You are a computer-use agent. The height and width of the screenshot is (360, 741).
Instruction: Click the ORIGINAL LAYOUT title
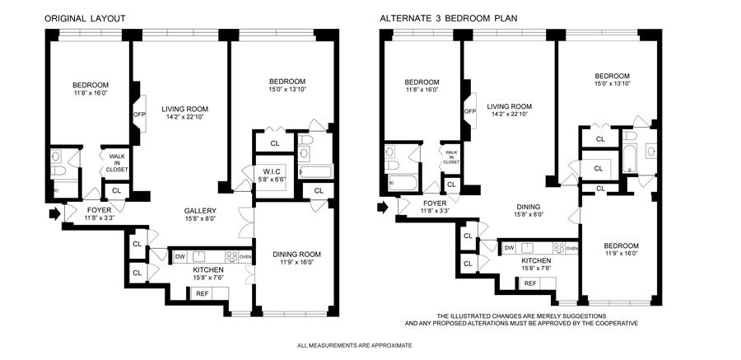(x=85, y=19)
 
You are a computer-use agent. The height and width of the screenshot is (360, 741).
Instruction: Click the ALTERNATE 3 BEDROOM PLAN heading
(x=449, y=19)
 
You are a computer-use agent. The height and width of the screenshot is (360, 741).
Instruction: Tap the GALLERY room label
(x=200, y=211)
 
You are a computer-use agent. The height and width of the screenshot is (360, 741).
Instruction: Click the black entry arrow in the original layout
(x=55, y=213)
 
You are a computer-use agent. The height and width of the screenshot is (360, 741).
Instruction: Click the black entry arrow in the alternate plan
(x=382, y=207)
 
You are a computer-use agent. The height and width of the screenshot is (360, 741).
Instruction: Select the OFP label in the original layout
(x=139, y=114)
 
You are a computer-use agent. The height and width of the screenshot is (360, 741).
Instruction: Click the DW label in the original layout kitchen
(x=180, y=257)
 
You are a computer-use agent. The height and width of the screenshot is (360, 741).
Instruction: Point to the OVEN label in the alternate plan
(x=572, y=248)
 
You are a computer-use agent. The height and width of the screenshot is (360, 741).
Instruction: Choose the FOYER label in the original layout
(x=100, y=210)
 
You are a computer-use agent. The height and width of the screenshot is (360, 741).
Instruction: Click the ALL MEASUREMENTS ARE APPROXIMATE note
(x=354, y=346)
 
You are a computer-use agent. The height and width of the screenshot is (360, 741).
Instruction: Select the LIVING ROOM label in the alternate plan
(x=510, y=106)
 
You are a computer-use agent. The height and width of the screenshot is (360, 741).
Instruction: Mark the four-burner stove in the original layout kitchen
(x=232, y=257)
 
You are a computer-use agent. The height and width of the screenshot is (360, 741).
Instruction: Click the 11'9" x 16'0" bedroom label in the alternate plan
(x=622, y=253)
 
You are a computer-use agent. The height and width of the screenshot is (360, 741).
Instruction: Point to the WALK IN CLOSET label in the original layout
(x=116, y=162)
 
